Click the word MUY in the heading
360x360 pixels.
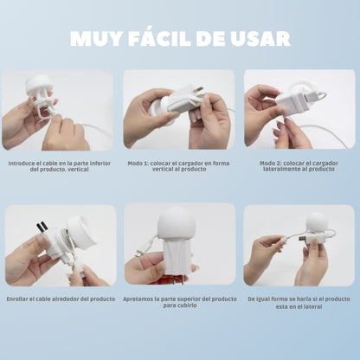[x=95, y=38]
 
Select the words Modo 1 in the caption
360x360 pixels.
[x=138, y=164]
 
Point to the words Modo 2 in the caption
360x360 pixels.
[x=270, y=164]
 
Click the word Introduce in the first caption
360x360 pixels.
[x=21, y=164]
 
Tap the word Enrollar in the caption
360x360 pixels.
[x=17, y=299]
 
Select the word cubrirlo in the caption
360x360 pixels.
[x=186, y=305]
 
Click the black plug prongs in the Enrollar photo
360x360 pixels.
[x=41, y=227]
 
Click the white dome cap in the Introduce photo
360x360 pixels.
[x=37, y=83]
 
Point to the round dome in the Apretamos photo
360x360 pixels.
[x=177, y=221]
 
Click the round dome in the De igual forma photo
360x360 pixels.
[x=317, y=222]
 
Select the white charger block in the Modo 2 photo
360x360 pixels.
[x=292, y=102]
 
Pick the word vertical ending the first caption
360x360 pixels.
[x=78, y=169]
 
